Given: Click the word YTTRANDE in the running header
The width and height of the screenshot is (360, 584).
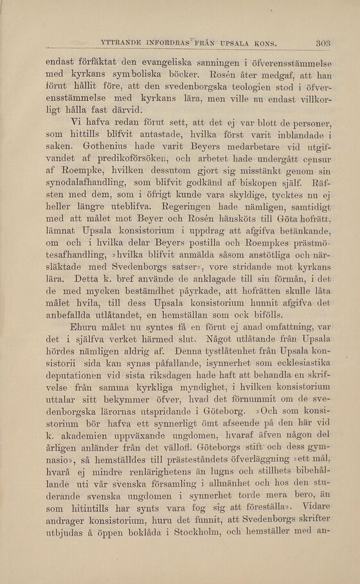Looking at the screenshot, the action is [x=125, y=44].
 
